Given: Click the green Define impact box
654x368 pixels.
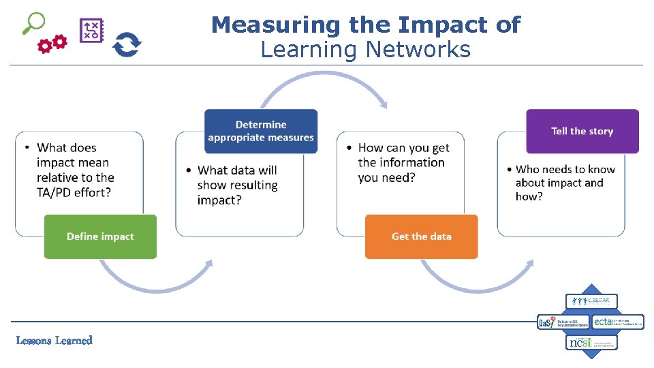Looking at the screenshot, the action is pyautogui.click(x=100, y=236).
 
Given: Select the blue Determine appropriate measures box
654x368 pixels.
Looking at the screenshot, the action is pyautogui.click(x=261, y=131).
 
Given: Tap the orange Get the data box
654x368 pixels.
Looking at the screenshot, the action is pyautogui.click(x=421, y=236).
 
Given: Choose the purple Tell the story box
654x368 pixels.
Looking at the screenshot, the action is pyautogui.click(x=582, y=131).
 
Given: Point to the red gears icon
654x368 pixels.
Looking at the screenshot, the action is pyautogui.click(x=52, y=44).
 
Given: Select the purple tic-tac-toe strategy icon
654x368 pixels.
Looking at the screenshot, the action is pyautogui.click(x=91, y=30).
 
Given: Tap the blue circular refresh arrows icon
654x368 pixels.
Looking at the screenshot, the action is pyautogui.click(x=127, y=45).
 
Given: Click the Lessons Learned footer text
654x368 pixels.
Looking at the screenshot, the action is pyautogui.click(x=54, y=340).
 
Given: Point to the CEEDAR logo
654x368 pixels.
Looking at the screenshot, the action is pyautogui.click(x=591, y=301).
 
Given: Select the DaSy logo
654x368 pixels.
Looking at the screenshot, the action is pyautogui.click(x=563, y=322).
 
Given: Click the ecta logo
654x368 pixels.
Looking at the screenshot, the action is pyautogui.click(x=617, y=322).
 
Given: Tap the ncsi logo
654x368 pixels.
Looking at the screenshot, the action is pyautogui.click(x=591, y=342).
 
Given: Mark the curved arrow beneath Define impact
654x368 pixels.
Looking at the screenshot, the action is pyautogui.click(x=157, y=283).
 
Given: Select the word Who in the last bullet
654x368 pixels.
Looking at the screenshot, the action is pyautogui.click(x=527, y=169).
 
